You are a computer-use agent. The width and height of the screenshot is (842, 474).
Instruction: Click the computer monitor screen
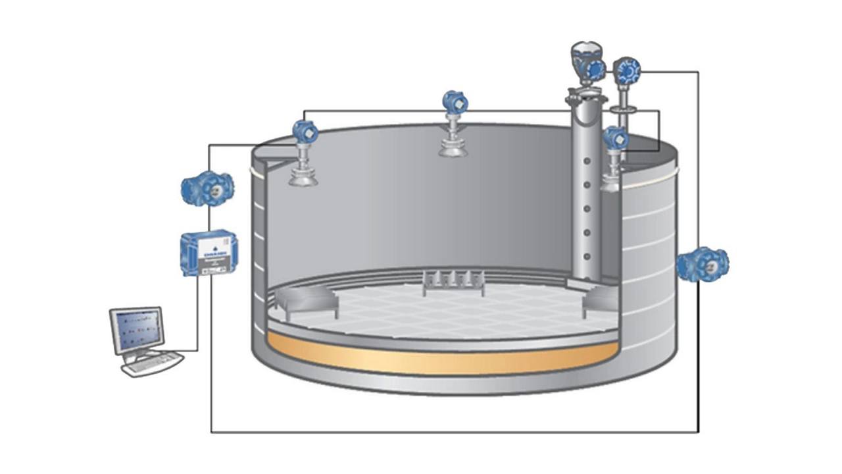[137, 330]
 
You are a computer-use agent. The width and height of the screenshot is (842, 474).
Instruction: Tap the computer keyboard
[153, 363]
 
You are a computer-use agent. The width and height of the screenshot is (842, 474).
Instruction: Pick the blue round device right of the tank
[703, 264]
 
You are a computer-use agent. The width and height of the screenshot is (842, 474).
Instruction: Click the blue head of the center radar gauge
[455, 102]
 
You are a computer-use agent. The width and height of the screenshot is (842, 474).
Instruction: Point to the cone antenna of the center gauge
[454, 149]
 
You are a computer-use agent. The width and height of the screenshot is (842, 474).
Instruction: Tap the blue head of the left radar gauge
[305, 132]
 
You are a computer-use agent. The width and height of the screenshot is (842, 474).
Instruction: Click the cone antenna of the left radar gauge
[303, 176]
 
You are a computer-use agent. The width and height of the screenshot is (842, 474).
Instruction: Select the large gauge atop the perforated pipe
[587, 63]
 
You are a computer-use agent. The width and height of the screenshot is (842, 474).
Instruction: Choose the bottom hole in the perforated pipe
[587, 256]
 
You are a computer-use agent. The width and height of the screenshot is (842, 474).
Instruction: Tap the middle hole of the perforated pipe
[587, 209]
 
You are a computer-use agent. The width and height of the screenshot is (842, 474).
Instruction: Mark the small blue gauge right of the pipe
[615, 138]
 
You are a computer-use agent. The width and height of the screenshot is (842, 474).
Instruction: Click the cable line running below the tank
[454, 432]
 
